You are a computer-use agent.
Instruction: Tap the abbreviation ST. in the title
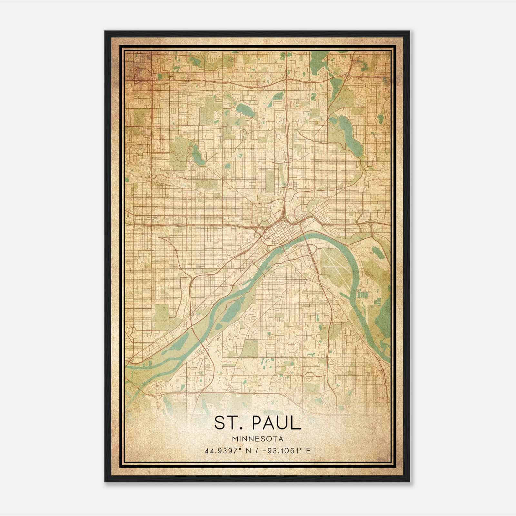[x=228, y=423]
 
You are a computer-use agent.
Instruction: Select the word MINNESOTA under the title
[x=258, y=439]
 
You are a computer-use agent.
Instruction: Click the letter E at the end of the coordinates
[x=309, y=451]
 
